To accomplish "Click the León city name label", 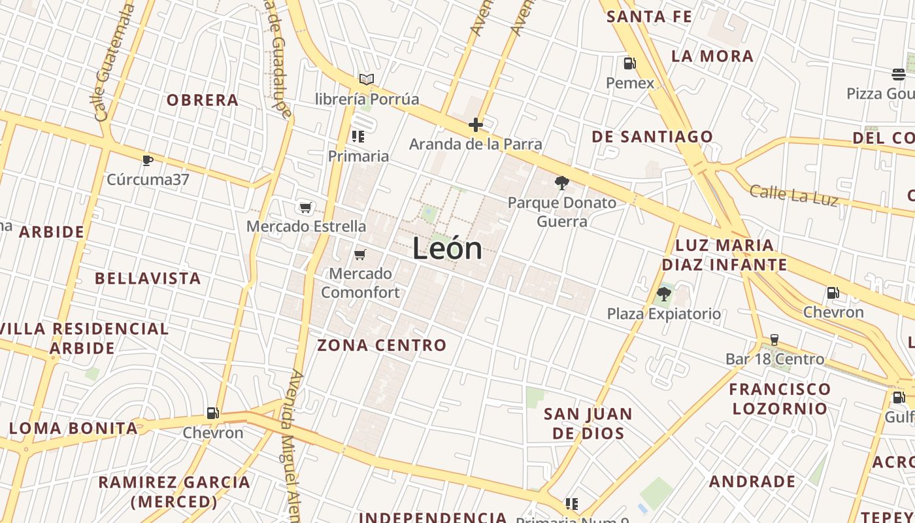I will pos(448,249).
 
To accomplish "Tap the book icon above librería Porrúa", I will pos(367,80).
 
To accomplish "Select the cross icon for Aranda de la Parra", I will pos(476,124).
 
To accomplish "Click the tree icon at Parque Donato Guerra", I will pos(561,183).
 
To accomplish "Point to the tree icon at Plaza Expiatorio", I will pos(664,294).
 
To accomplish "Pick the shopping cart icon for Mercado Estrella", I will pos(305,208).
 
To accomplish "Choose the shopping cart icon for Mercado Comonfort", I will pos(360,254).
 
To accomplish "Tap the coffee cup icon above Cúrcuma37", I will pos(148,160).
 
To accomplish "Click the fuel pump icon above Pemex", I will pos(630,63).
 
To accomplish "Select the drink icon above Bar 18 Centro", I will pos(774,340).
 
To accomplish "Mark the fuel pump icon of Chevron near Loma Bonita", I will pos(212,413).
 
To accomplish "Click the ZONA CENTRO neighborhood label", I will pos(382,345).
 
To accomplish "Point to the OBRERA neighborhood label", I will pos(203,100).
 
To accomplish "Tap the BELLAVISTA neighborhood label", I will pos(148,278).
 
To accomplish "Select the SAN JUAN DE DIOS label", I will pos(588,423).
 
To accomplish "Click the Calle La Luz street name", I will pos(793,195).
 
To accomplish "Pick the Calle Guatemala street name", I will pos(114,62).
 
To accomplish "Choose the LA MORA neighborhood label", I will pos(712,56).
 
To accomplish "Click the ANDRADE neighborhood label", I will pos(752,482).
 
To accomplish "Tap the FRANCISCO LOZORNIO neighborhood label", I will pos(780,399).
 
